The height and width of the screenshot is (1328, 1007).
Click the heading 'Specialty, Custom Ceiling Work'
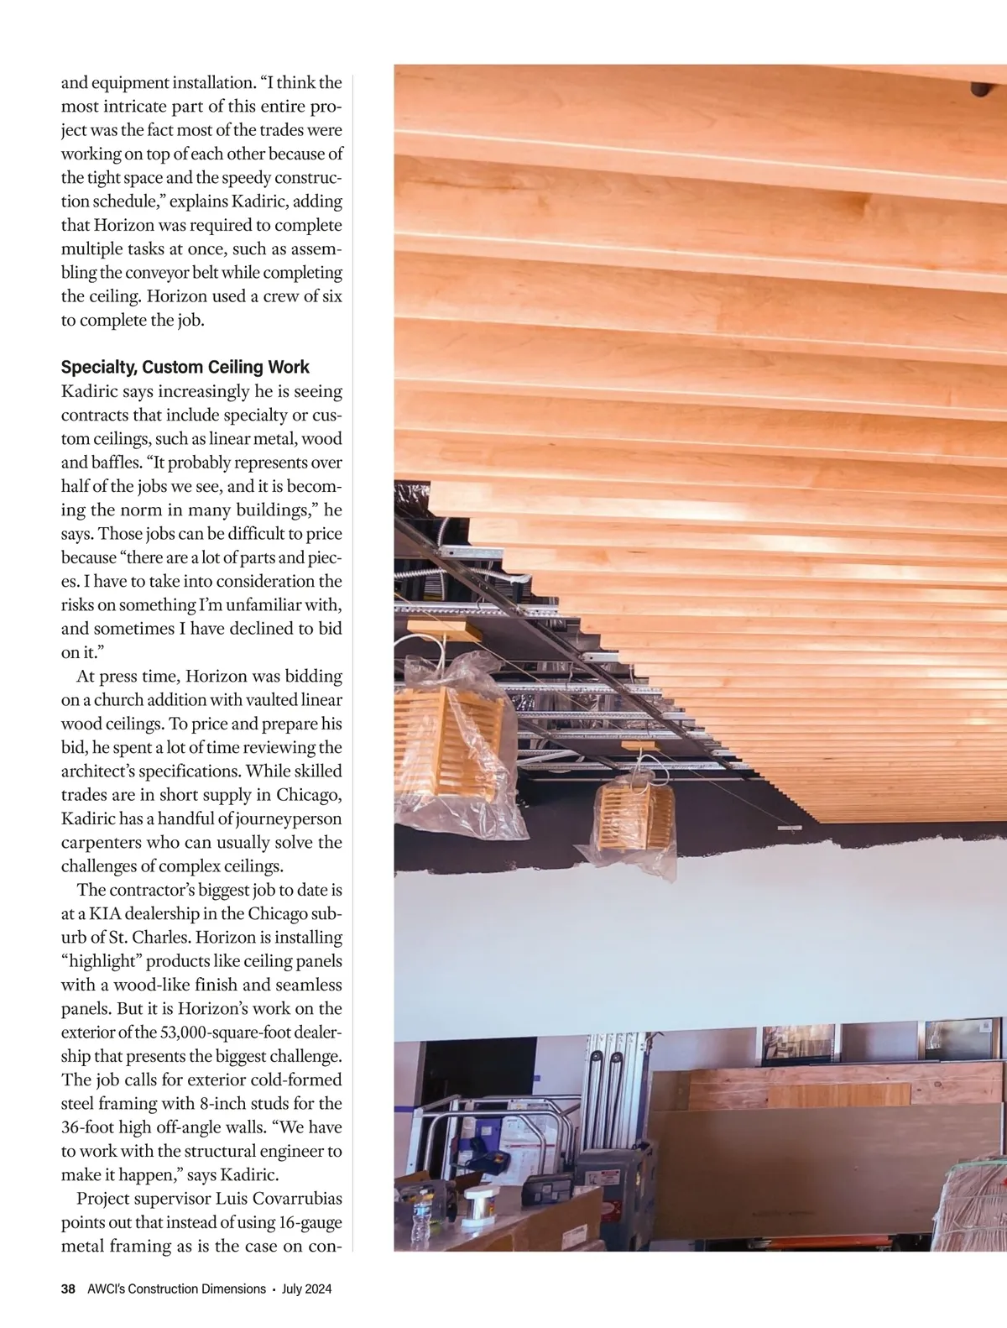pos(185,367)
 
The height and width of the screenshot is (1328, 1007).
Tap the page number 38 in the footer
pos(68,1289)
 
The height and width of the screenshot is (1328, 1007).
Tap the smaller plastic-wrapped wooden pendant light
pos(636,823)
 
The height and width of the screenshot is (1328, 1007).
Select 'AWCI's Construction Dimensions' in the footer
pos(176,1289)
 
